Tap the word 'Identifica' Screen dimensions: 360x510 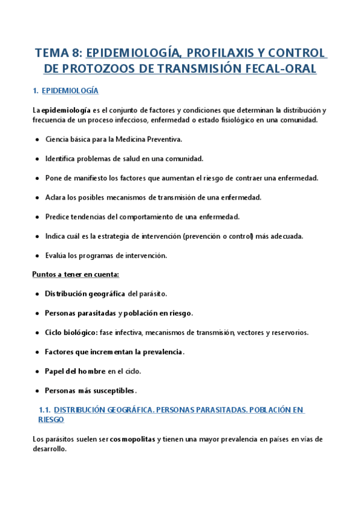(61, 159)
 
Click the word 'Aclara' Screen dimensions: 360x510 (55, 197)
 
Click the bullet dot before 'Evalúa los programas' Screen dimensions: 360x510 (37, 256)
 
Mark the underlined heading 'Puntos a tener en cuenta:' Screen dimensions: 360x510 (76, 275)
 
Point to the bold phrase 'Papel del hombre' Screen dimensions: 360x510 (76, 371)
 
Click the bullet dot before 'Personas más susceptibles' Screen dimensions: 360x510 (37, 391)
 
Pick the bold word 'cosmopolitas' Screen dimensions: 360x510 (133, 439)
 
